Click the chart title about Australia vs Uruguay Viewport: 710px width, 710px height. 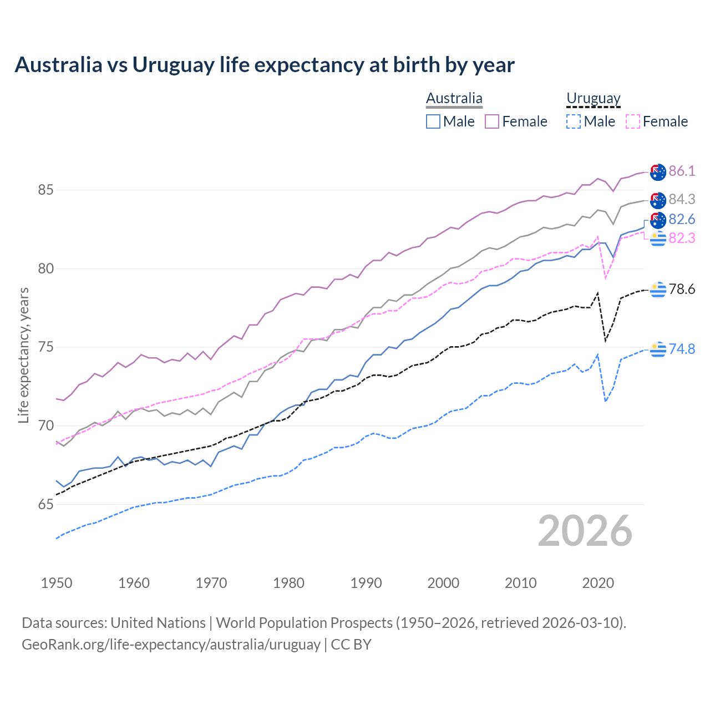(x=265, y=65)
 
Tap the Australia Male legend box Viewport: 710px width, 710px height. (x=433, y=121)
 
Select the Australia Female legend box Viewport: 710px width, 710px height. (x=492, y=121)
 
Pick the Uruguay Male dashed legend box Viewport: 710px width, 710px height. (x=574, y=121)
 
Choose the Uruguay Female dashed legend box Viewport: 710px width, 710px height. (x=633, y=121)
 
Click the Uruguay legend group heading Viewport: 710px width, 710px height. (x=593, y=98)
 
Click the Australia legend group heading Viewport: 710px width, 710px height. (x=454, y=98)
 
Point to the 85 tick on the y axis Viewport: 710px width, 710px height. (x=45, y=190)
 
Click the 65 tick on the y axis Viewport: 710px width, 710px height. (x=45, y=505)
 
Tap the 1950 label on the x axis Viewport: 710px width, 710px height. (x=57, y=583)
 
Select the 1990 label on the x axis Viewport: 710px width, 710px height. (x=366, y=583)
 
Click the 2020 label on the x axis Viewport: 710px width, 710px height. (x=598, y=583)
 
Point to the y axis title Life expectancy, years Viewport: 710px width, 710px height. (x=23, y=355)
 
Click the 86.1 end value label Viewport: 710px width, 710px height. (x=682, y=171)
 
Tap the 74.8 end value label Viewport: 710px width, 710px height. (x=682, y=349)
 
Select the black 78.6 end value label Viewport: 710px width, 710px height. (x=682, y=290)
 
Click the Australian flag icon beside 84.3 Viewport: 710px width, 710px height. (x=658, y=200)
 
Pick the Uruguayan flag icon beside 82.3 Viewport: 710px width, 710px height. (x=658, y=239)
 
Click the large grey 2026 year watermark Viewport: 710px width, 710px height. (x=585, y=531)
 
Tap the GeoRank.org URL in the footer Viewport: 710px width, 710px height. (x=171, y=645)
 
